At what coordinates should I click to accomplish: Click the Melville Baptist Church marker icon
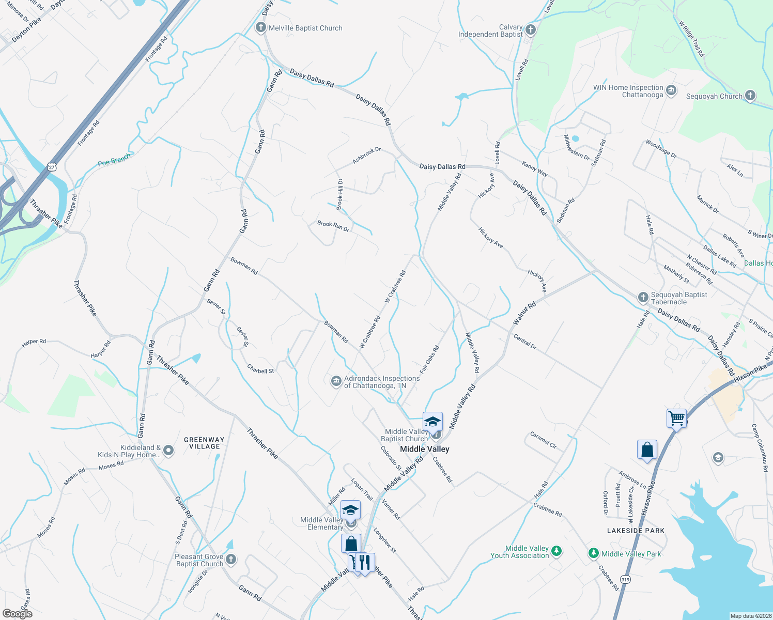(261, 28)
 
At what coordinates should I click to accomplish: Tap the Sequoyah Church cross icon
(750, 96)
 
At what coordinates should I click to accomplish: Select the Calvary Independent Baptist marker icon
(531, 30)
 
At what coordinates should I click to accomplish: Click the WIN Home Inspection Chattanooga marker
(671, 91)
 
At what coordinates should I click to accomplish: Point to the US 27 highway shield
(51, 166)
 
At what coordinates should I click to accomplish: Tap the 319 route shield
(626, 579)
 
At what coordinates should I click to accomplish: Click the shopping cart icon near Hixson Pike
(676, 418)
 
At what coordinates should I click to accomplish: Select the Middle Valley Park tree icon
(594, 554)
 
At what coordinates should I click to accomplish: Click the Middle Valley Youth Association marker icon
(556, 551)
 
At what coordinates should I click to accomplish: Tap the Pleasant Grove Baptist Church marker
(231, 560)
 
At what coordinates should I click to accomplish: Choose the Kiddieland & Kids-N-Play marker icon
(168, 451)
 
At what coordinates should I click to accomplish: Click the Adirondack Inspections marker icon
(336, 381)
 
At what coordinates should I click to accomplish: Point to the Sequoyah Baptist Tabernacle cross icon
(643, 298)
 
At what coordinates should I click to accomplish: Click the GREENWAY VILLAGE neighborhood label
(205, 443)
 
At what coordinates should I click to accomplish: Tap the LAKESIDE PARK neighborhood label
(636, 531)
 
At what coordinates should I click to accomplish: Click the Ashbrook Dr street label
(366, 156)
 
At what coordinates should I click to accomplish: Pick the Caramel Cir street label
(543, 440)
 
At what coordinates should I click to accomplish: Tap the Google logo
(17, 613)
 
